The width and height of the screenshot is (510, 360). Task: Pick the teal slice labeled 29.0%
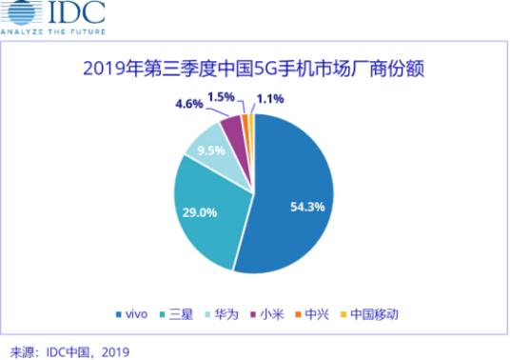pos(205,214)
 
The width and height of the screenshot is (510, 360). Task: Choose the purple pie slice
pos(231,130)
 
